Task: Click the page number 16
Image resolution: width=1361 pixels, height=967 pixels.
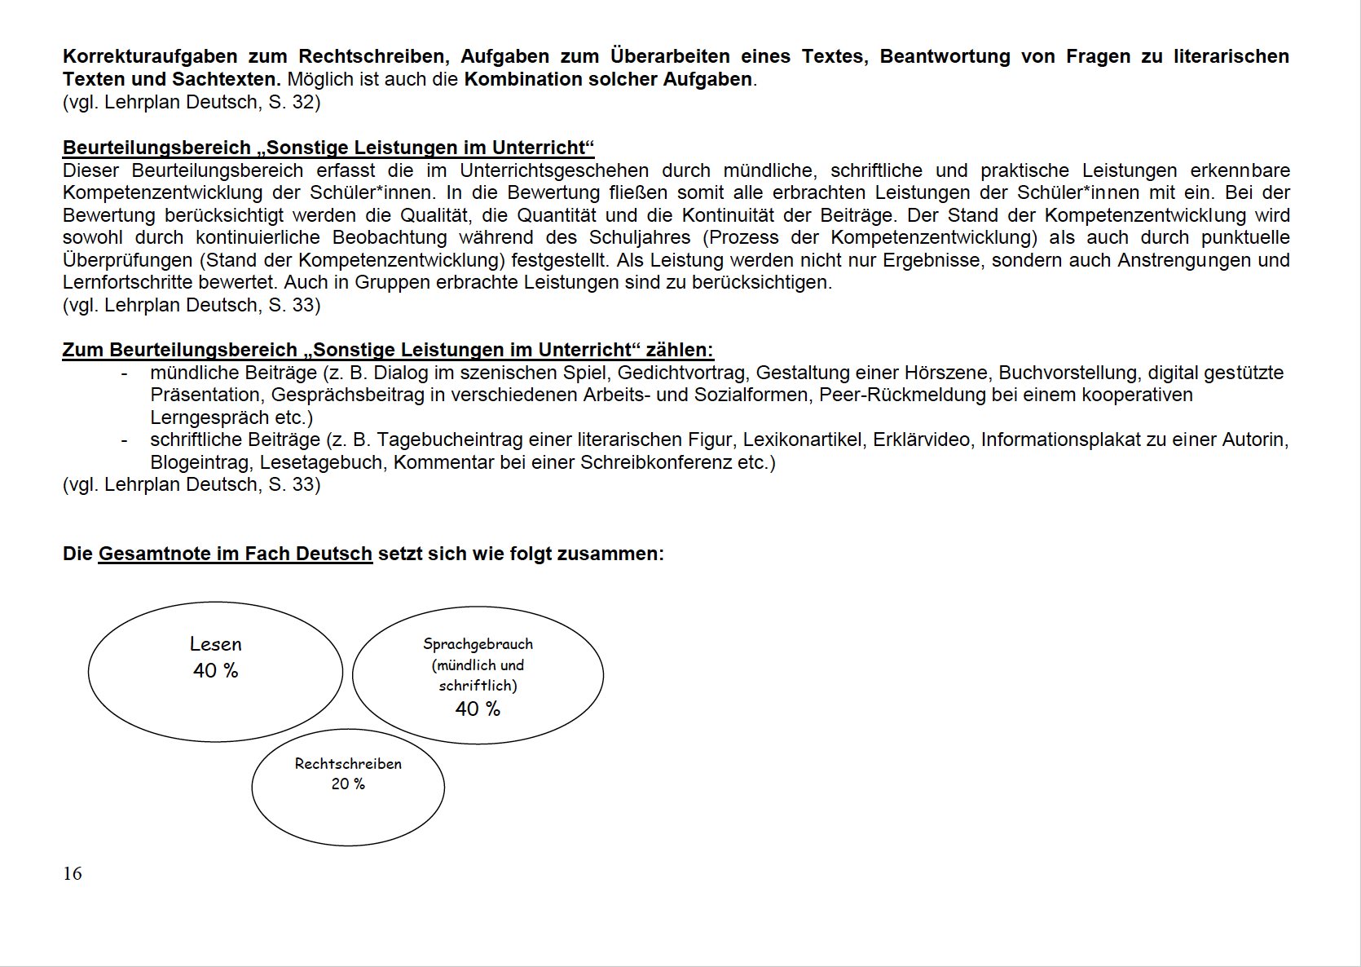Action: [x=73, y=873]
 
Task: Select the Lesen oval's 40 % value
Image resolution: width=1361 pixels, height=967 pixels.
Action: [x=216, y=670]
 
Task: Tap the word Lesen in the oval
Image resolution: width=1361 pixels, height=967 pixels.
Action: [x=216, y=644]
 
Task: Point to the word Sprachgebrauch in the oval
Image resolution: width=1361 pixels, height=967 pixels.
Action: [x=478, y=644]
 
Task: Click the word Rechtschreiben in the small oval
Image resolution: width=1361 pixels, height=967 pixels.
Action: [x=348, y=764]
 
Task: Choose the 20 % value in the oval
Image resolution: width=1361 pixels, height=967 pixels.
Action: [x=348, y=784]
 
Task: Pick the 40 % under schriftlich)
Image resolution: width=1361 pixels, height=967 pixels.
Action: [x=478, y=709]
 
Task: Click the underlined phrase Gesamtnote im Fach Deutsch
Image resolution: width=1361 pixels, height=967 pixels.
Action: [x=235, y=554]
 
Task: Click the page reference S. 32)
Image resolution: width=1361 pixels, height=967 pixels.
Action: [x=294, y=102]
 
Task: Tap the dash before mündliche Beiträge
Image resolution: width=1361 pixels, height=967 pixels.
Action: [x=124, y=373]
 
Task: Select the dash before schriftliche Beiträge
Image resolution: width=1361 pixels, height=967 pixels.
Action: [x=124, y=440]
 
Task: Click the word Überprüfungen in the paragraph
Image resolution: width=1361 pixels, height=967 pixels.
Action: [x=117, y=260]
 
